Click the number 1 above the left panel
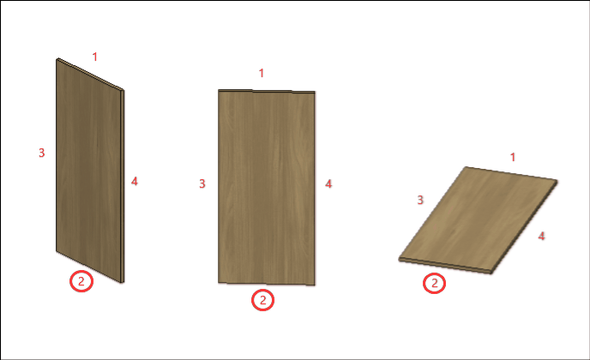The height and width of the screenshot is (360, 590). pos(95,57)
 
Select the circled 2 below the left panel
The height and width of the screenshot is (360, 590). pos(81,281)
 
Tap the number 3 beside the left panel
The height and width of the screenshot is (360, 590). pos(42,153)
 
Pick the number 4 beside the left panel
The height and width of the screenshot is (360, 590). pos(135,182)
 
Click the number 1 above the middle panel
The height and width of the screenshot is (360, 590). pos(262,73)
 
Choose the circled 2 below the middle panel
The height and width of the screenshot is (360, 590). pos(262,300)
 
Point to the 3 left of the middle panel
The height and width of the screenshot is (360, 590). pos(202,183)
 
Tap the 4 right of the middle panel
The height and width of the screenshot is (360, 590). pos(328,183)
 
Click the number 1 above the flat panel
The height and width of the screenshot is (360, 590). pos(513,157)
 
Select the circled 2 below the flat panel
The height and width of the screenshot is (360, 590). pos(434,283)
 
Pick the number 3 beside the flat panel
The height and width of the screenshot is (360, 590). pos(420,200)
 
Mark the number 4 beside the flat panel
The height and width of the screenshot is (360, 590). pos(541,236)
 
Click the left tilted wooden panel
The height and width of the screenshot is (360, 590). pos(89,170)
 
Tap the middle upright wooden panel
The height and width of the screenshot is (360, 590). pos(267,188)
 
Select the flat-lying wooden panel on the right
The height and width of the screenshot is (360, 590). pos(478,220)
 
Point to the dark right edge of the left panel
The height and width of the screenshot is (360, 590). pos(123,186)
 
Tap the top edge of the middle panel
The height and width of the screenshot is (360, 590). pos(267,91)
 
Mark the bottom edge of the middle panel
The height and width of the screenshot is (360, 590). pos(267,283)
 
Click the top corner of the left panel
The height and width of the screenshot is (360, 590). pos(57,58)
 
